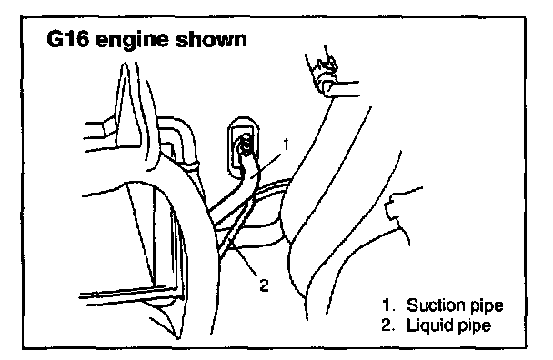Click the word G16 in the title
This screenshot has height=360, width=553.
pyautogui.click(x=66, y=39)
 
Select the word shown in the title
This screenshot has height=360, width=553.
pyautogui.click(x=211, y=39)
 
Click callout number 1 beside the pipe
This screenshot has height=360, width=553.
pyautogui.click(x=286, y=145)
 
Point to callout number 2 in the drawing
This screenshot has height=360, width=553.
pyautogui.click(x=264, y=285)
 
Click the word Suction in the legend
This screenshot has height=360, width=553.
pyautogui.click(x=435, y=305)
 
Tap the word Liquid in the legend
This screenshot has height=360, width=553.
pyautogui.click(x=429, y=325)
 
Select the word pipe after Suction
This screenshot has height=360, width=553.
pyautogui.click(x=486, y=306)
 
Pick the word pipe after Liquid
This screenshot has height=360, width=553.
pyautogui.click(x=474, y=326)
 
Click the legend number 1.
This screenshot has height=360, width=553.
pyautogui.click(x=387, y=305)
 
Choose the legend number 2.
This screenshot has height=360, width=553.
pyautogui.click(x=387, y=325)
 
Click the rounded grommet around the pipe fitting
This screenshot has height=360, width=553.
pyautogui.click(x=228, y=148)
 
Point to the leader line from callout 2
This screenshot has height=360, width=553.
pyautogui.click(x=244, y=263)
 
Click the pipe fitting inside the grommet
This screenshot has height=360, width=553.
pyautogui.click(x=245, y=145)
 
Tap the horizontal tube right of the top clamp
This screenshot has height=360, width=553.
pyautogui.click(x=345, y=89)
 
